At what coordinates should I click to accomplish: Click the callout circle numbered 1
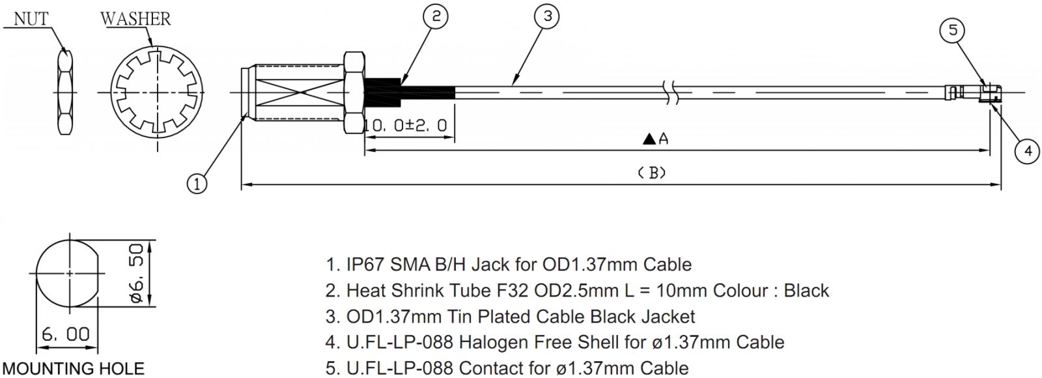click(198, 184)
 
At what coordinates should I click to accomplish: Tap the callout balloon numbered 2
click(436, 17)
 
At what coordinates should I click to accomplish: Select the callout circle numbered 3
click(547, 17)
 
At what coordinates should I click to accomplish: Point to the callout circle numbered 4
click(1027, 151)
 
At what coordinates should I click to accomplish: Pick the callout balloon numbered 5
click(953, 31)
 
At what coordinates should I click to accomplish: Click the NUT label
click(31, 19)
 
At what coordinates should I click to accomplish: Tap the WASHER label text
click(136, 19)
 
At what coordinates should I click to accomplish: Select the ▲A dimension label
click(655, 138)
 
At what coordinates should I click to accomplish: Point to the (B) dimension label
click(651, 173)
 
